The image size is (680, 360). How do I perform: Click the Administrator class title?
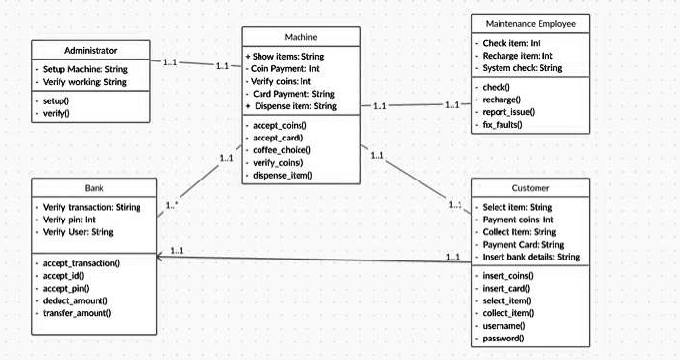pyautogui.click(x=91, y=50)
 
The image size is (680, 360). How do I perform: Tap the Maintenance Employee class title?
pyautogui.click(x=530, y=22)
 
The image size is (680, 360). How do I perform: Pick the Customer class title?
pyautogui.click(x=530, y=187)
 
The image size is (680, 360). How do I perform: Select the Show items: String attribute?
pyautogui.click(x=288, y=57)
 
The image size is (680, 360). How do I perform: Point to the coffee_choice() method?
pyautogui.click(x=282, y=150)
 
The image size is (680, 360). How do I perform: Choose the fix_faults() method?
pyautogui.click(x=502, y=125)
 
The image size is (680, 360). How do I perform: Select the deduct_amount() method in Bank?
pyautogui.click(x=76, y=300)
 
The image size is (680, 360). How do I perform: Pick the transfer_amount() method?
pyautogui.click(x=77, y=313)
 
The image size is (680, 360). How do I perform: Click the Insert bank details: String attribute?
pyautogui.click(x=532, y=257)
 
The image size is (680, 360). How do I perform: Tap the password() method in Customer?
pyautogui.click(x=503, y=338)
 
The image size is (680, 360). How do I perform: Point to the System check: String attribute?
pyautogui.click(x=522, y=68)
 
